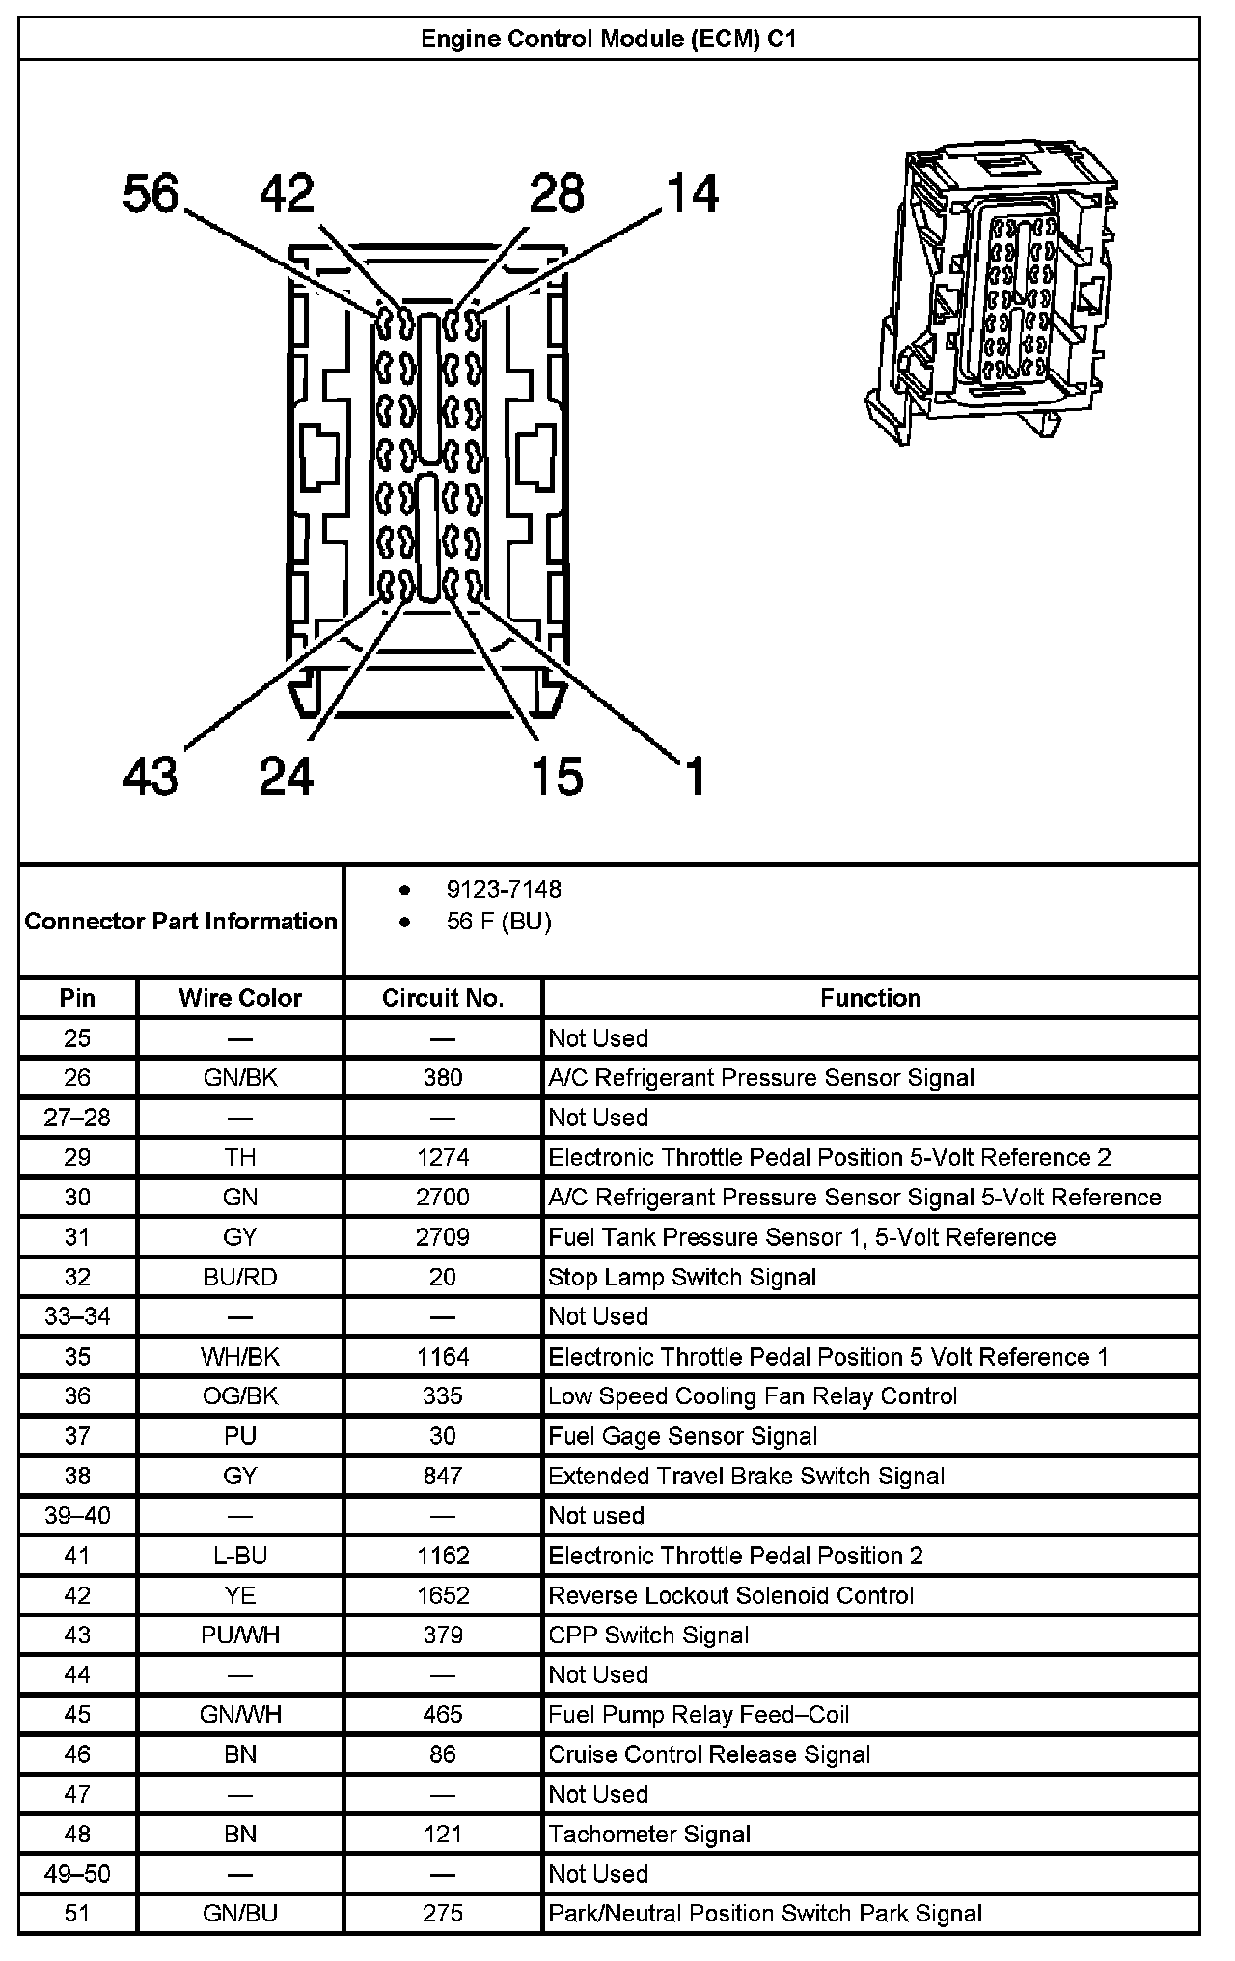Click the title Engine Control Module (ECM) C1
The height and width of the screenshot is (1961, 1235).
coord(609,40)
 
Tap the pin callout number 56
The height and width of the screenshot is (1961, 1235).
coord(151,194)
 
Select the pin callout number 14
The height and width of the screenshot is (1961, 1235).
coord(692,194)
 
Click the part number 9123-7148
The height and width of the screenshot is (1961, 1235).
coord(504,889)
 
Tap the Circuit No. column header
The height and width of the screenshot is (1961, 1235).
coord(443,998)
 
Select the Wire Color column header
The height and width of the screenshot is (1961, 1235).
coord(240,998)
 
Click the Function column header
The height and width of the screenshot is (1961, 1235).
coord(870,998)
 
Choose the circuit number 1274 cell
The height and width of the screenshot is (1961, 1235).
coord(443,1157)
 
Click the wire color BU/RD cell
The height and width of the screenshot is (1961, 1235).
coord(240,1277)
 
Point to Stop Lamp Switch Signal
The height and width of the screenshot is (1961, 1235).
coord(682,1277)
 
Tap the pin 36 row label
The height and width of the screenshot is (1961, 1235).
coord(77,1396)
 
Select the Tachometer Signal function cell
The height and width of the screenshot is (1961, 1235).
coord(649,1834)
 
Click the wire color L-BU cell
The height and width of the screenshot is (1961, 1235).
coord(240,1556)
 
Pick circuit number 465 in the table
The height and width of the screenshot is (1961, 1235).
coord(443,1714)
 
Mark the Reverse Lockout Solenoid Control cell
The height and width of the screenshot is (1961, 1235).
coord(730,1595)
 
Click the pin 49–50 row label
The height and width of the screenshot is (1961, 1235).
coord(77,1874)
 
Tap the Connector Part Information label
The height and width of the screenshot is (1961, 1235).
coord(181,921)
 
